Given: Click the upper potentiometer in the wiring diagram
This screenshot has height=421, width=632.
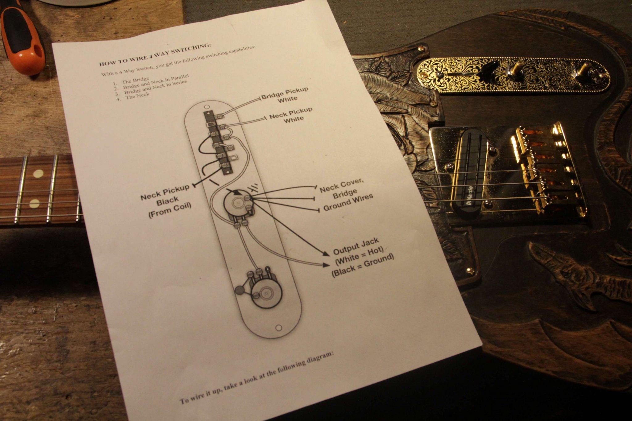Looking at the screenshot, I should coord(238,205).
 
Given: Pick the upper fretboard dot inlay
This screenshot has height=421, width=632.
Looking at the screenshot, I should coord(38,174).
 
